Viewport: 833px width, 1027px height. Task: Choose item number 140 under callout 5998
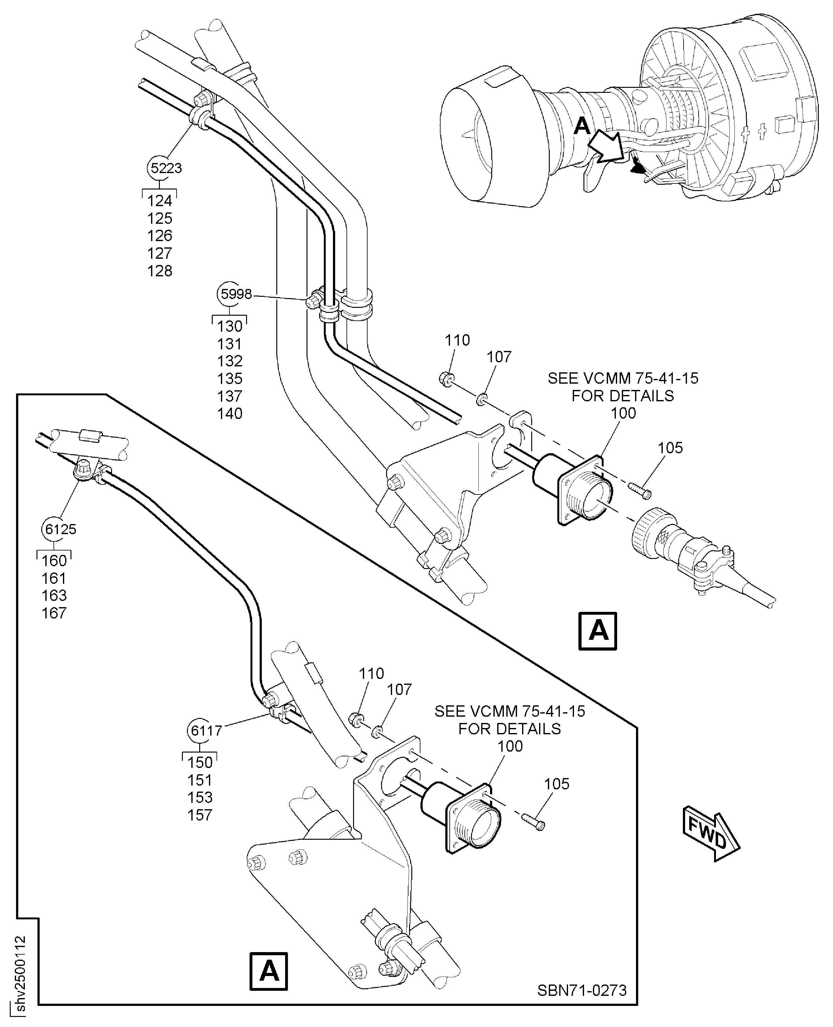(x=230, y=414)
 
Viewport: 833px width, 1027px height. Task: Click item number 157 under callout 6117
(x=200, y=815)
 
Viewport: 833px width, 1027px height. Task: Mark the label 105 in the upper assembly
(x=670, y=448)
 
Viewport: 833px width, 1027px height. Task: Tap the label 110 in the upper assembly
(x=457, y=340)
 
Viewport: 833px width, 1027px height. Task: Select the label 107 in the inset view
(x=399, y=690)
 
